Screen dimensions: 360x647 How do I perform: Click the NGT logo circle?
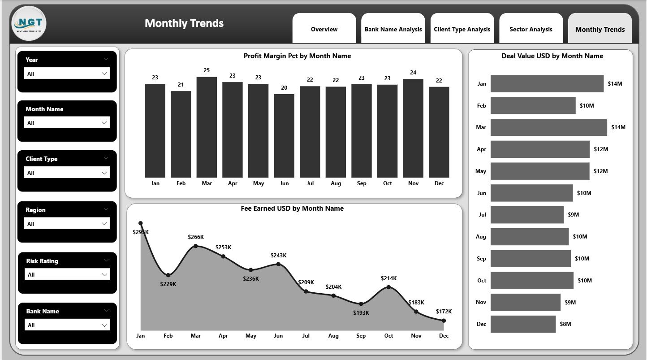click(29, 23)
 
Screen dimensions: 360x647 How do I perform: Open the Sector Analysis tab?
click(531, 29)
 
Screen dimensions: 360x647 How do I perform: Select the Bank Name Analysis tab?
click(393, 29)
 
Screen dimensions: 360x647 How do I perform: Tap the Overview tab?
click(324, 29)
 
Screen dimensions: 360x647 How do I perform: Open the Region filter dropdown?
click(67, 224)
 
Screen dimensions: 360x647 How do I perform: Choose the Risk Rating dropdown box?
click(67, 274)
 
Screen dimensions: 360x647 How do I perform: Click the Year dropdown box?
click(67, 74)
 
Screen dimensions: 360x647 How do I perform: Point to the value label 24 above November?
click(413, 73)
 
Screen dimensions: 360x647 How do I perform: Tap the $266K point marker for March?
click(196, 246)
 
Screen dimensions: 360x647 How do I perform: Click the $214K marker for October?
click(388, 287)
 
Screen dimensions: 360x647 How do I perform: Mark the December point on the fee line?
click(444, 321)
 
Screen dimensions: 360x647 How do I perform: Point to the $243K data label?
click(278, 256)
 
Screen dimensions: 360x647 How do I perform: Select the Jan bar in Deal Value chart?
click(547, 83)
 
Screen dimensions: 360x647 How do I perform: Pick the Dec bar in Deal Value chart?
click(523, 324)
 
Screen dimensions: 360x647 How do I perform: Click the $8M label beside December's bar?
click(565, 324)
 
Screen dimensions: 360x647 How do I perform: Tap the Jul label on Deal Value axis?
click(482, 215)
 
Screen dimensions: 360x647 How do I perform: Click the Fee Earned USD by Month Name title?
click(292, 208)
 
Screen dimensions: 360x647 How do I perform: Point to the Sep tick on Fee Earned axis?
click(361, 336)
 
